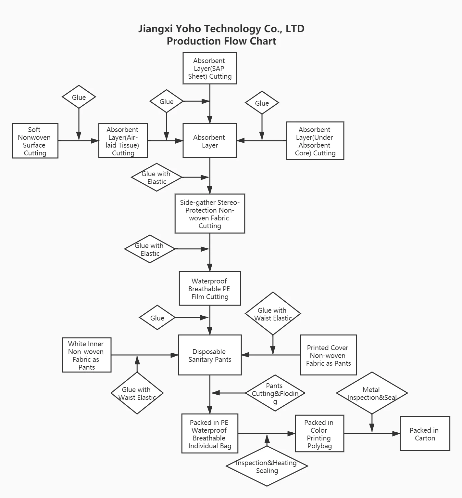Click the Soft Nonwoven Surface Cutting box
click(35, 141)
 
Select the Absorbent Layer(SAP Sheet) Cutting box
click(210, 68)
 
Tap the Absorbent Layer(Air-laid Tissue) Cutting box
click(123, 141)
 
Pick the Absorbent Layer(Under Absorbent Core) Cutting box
click(315, 141)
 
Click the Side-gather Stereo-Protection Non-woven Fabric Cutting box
click(210, 214)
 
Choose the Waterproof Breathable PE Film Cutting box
click(210, 288)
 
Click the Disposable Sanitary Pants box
click(210, 355)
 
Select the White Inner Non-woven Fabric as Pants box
click(87, 355)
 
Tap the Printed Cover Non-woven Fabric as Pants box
click(328, 355)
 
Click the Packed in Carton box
click(425, 433)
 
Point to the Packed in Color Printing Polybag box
click(319, 433)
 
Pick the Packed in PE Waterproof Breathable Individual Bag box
click(210, 433)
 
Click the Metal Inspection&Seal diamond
click(372, 393)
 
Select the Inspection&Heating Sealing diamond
click(267, 466)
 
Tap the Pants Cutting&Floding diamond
click(275, 393)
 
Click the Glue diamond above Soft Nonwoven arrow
click(79, 97)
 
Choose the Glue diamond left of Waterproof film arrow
click(157, 318)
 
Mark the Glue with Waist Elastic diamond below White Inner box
click(137, 393)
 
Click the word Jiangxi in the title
click(156, 29)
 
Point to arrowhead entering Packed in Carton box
click(396, 433)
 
